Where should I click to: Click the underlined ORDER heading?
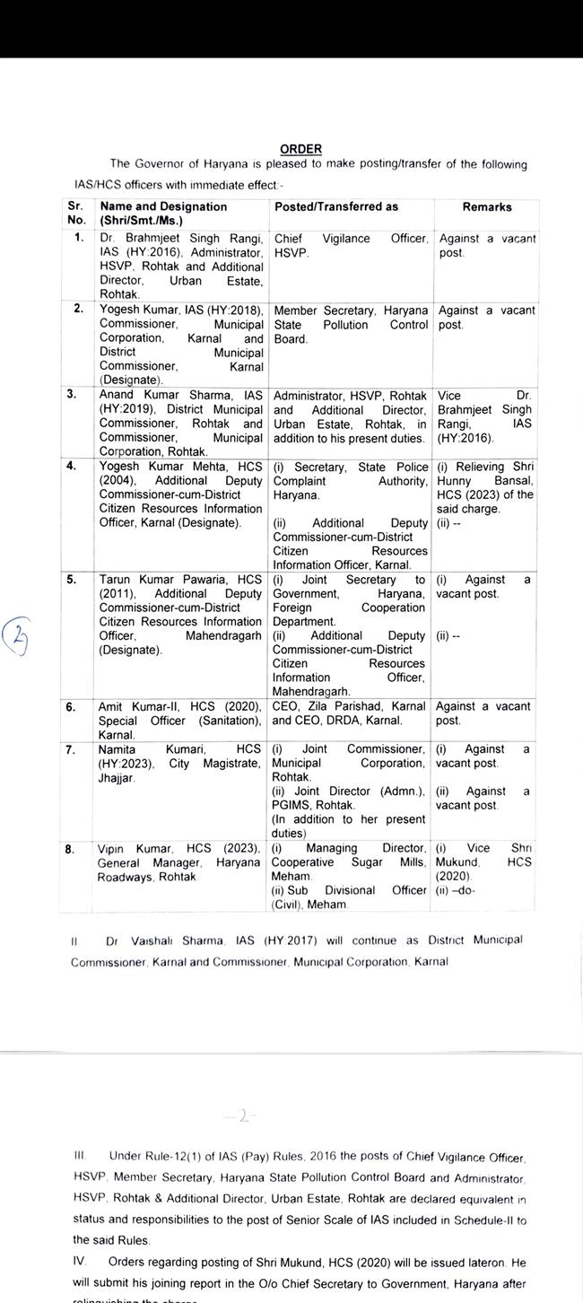pyautogui.click(x=300, y=149)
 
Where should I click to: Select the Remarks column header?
pyautogui.click(x=487, y=207)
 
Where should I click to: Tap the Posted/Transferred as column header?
pyautogui.click(x=336, y=207)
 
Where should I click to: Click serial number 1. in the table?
pyautogui.click(x=78, y=238)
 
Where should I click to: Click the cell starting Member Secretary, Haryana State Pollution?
pyautogui.click(x=351, y=325)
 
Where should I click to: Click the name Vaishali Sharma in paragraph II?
pyautogui.click(x=152, y=940)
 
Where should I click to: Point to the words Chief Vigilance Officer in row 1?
pyautogui.click(x=351, y=239)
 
